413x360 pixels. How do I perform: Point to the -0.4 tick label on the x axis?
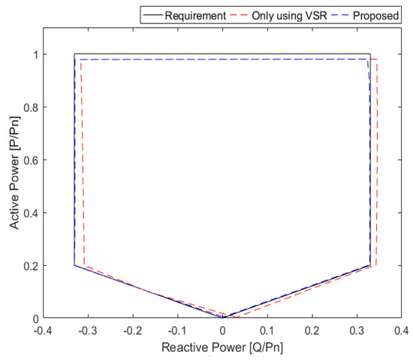(43, 330)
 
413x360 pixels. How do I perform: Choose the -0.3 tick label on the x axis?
(88, 330)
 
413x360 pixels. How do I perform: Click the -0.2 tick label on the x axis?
(132, 330)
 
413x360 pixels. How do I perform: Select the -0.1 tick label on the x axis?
(177, 330)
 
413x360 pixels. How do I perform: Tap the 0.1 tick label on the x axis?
(268, 330)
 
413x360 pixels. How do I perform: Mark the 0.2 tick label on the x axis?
(312, 330)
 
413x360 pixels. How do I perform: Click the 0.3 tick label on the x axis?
(357, 330)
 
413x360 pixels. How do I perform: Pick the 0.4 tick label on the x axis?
(402, 330)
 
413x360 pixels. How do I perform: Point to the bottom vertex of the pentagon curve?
(223, 317)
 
